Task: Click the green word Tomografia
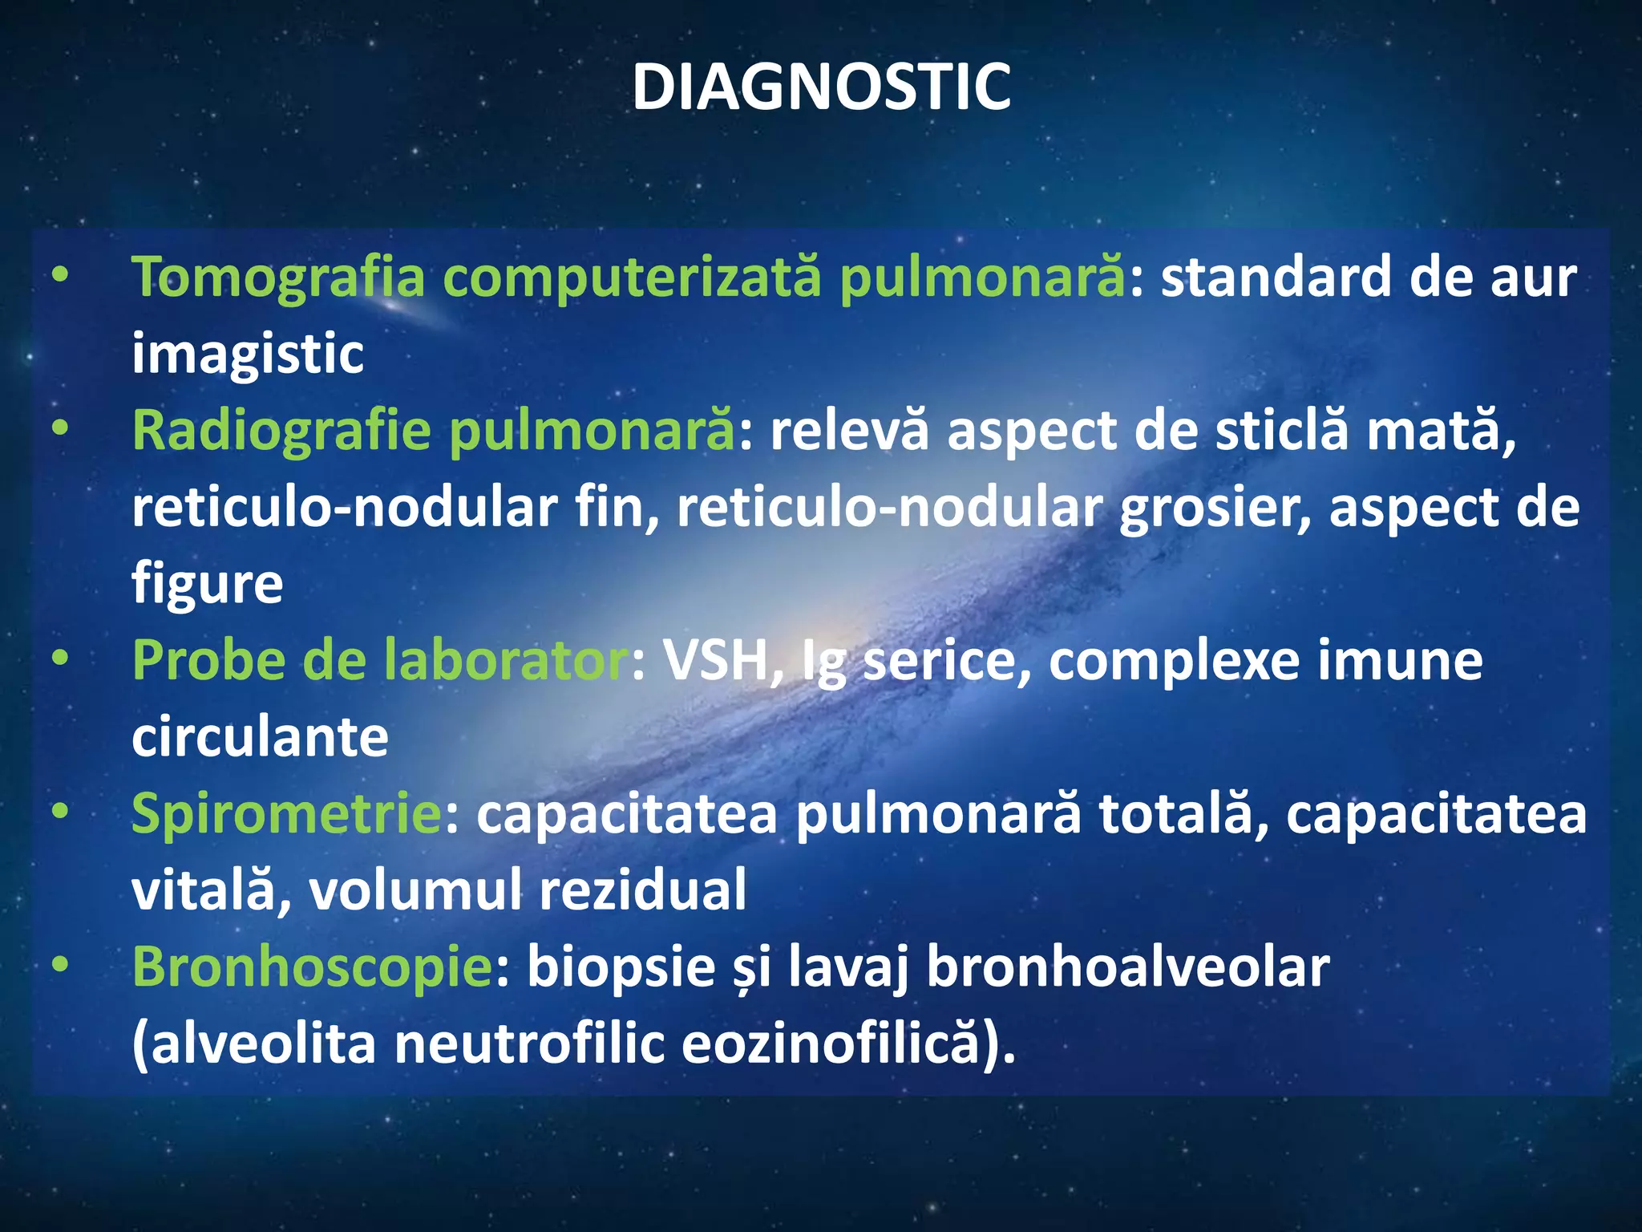click(x=278, y=278)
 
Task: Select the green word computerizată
click(x=632, y=278)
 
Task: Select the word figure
click(x=207, y=584)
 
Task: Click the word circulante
click(x=260, y=738)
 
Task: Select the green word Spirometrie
click(x=286, y=813)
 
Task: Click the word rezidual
click(x=642, y=890)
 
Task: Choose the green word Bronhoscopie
click(x=312, y=967)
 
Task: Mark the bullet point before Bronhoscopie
click(x=60, y=967)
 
